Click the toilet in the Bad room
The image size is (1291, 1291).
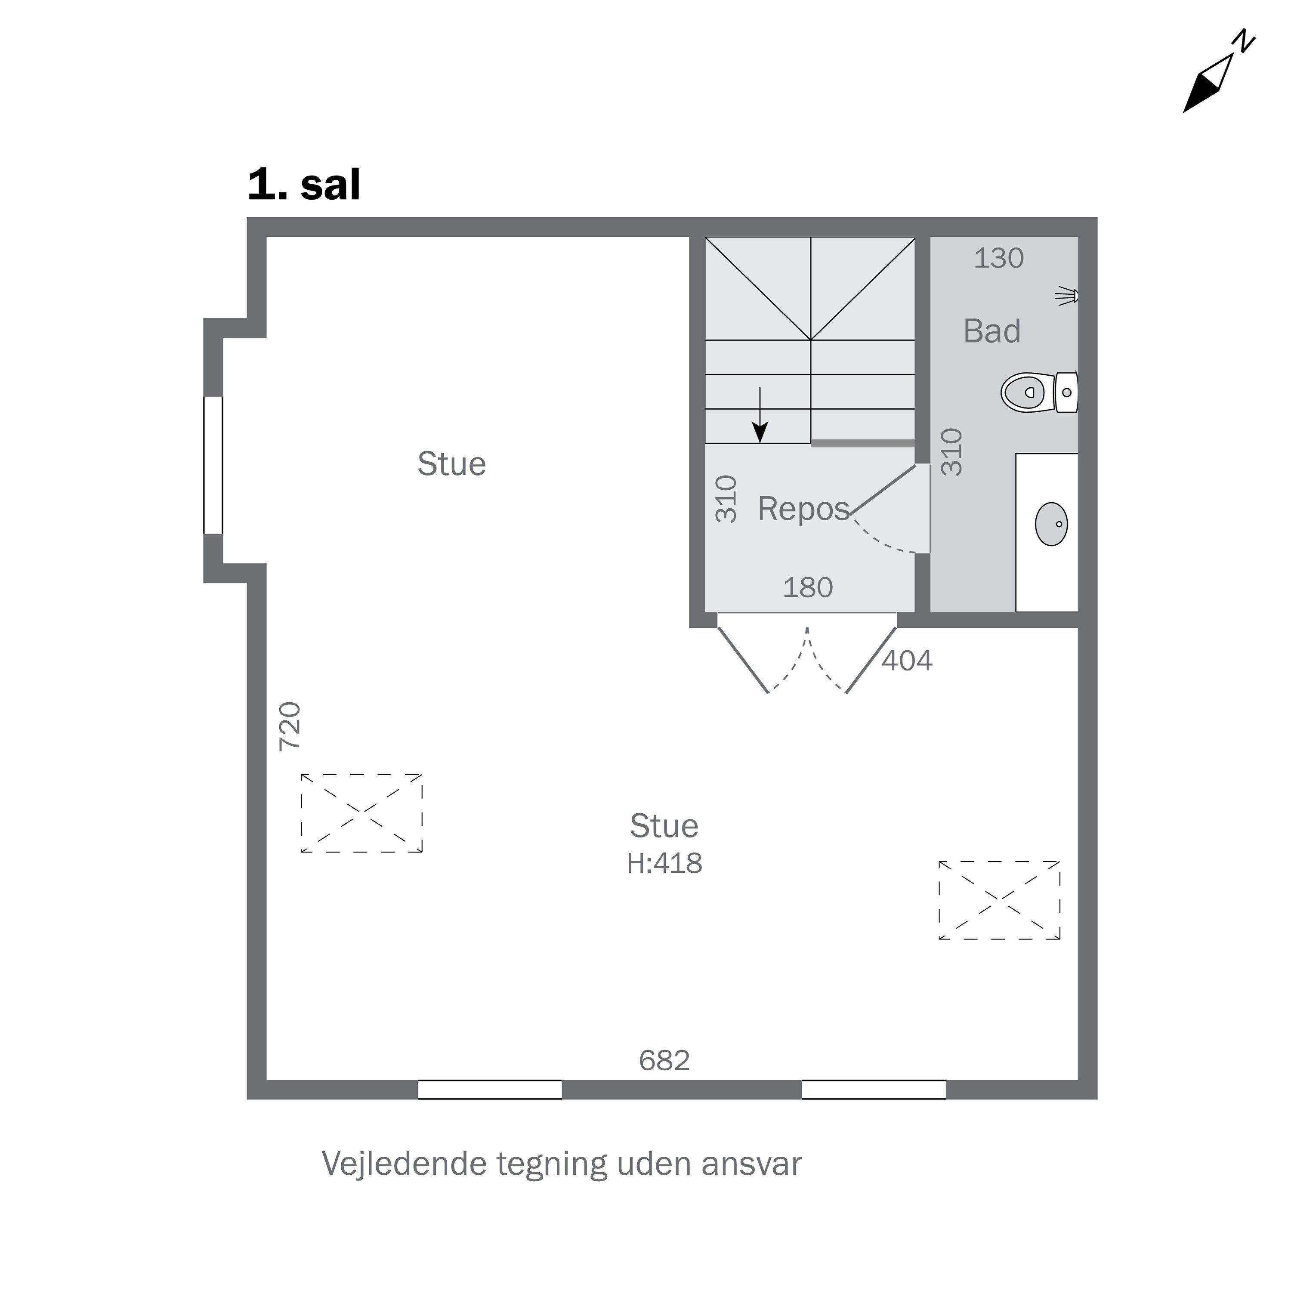click(x=1039, y=393)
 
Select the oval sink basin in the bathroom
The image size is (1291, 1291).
click(x=1051, y=524)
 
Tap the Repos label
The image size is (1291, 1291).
click(x=803, y=509)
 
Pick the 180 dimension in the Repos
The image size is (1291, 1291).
click(x=808, y=587)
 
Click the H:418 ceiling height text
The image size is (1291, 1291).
click(x=664, y=863)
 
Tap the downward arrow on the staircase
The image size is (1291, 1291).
click(x=760, y=415)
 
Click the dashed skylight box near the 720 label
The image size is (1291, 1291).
click(x=361, y=813)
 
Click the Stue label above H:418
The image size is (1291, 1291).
click(x=664, y=826)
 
